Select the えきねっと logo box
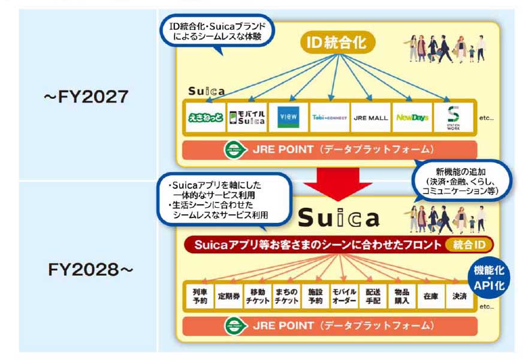coord(205,117)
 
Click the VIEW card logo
coord(288,117)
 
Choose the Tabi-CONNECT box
coord(329,117)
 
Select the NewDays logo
coord(412,117)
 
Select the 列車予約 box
coord(200,296)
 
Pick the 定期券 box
coord(228,296)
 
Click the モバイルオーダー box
coord(344,296)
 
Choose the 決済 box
coord(460,296)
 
